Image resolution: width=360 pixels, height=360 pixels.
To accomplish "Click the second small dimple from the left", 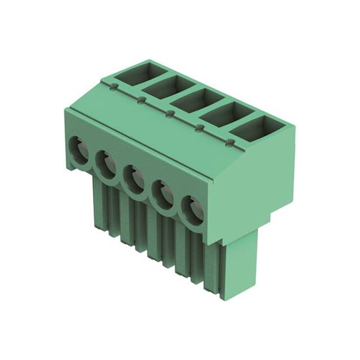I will point(142,100).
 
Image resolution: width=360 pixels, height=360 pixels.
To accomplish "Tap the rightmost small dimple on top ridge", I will point(230,142).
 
